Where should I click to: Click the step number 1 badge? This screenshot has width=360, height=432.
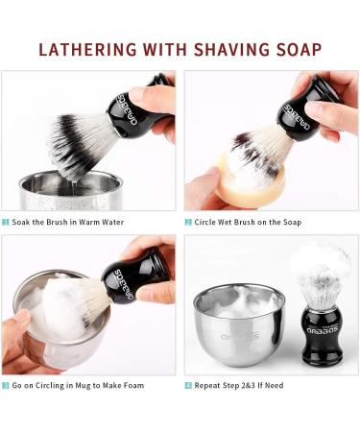pyautogui.click(x=6, y=222)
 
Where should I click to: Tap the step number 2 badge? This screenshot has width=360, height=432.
pyautogui.click(x=188, y=222)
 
